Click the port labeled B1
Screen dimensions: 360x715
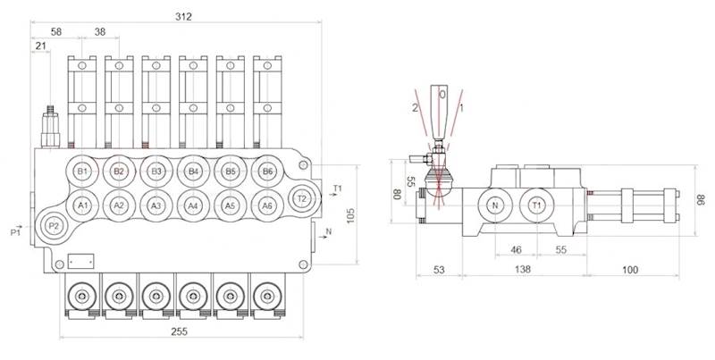coord(83,172)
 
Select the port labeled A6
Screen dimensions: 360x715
coord(266,205)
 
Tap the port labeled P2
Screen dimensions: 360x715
coord(53,226)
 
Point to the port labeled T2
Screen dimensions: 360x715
coord(302,198)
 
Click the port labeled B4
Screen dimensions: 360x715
coord(193,172)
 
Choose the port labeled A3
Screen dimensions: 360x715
coord(156,205)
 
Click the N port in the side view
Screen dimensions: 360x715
coord(494,205)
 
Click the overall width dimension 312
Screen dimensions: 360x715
coord(185,16)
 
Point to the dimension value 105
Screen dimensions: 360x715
coord(350,214)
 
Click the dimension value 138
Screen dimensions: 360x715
coord(524,268)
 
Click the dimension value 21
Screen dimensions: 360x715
coord(40,46)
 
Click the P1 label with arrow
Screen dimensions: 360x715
coord(15,231)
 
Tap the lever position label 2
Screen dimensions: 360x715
coord(415,107)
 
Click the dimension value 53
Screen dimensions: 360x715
coord(438,268)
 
